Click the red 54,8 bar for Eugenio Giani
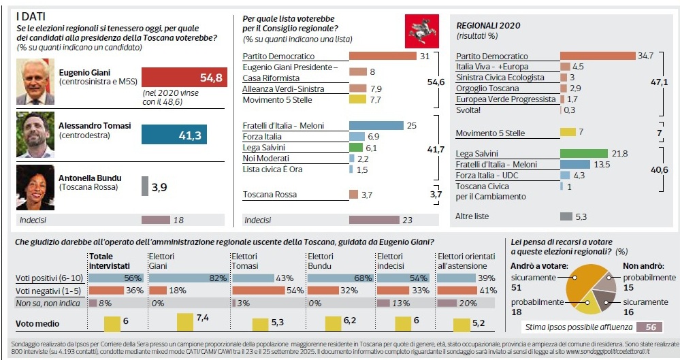point(182,78)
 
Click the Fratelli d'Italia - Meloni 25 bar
point(376,125)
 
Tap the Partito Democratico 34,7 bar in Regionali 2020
point(597,56)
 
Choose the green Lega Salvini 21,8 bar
point(583,154)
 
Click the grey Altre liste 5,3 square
point(566,216)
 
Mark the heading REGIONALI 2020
point(487,25)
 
